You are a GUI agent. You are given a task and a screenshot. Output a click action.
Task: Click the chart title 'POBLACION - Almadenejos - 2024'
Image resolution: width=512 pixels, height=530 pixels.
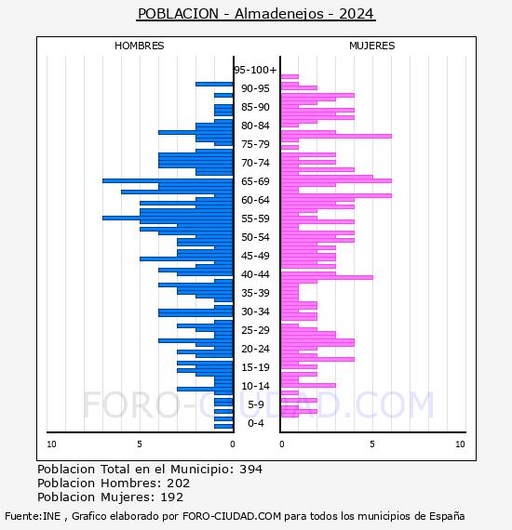(256, 14)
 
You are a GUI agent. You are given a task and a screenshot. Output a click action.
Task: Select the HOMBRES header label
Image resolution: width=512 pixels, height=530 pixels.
(139, 46)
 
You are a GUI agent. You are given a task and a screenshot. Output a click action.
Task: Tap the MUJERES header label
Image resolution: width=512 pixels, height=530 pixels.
(372, 46)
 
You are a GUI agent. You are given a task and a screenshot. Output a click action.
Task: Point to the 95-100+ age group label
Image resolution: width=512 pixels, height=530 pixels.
(255, 70)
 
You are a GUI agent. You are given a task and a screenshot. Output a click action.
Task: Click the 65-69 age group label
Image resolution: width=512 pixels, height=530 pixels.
(255, 181)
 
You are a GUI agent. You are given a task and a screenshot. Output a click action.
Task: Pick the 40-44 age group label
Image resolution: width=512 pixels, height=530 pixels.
(255, 274)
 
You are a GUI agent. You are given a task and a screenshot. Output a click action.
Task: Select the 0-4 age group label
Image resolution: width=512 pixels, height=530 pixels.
(256, 423)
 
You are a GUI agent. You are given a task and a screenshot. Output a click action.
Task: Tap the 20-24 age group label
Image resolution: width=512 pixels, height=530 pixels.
(255, 349)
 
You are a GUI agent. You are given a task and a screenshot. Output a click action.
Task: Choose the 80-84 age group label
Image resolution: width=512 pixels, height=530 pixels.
(255, 126)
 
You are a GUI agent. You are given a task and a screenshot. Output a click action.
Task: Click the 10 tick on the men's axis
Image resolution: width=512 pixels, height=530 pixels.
(51, 444)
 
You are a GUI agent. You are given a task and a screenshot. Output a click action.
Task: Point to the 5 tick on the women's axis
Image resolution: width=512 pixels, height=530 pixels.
(372, 444)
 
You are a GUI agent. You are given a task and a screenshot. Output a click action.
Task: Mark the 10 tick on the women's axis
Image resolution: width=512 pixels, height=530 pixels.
(460, 444)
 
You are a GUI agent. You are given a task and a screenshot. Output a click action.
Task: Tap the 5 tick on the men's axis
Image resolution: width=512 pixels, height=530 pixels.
(140, 444)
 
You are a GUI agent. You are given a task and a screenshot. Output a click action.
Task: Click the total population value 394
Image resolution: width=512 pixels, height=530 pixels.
(250, 470)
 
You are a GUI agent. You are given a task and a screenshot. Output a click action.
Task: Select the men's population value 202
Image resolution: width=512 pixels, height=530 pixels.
(179, 484)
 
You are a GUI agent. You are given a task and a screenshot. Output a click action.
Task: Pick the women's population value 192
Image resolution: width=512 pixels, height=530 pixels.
(172, 497)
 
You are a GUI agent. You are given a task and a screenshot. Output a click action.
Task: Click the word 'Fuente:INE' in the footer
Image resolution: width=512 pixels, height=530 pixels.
(33, 516)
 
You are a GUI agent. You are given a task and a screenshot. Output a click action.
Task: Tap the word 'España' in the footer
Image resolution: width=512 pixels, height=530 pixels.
(447, 516)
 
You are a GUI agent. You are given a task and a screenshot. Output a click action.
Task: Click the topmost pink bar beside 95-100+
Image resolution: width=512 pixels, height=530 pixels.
(290, 77)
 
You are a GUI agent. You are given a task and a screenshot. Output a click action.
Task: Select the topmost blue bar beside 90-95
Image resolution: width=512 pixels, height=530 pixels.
(214, 85)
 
